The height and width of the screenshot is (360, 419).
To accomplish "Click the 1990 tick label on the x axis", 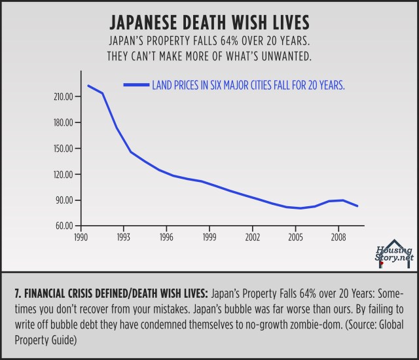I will pos(81,236).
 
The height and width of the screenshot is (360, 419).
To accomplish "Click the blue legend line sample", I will pos(136,84).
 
